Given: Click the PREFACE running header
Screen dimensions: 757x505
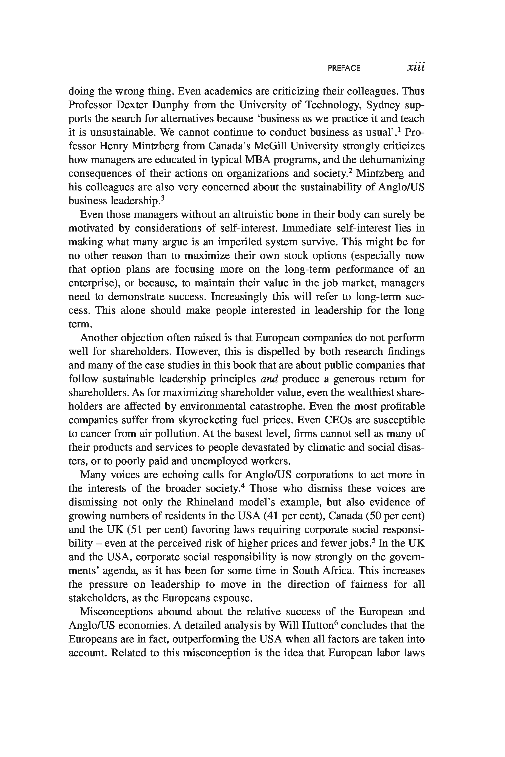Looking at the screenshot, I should click(x=344, y=68).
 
